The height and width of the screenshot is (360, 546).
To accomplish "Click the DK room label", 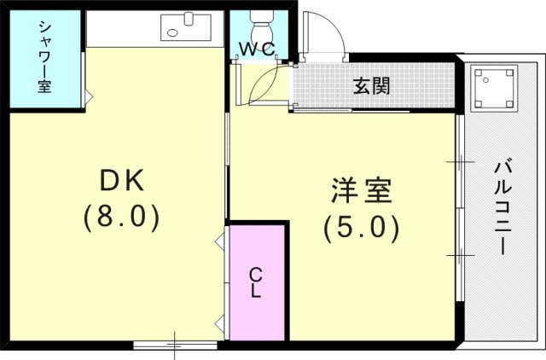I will coord(125,180).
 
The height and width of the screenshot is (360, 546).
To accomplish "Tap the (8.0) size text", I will coord(122,218).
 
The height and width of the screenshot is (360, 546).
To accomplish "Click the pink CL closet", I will coord(256,282).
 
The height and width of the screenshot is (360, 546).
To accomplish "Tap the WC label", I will coord(256,49).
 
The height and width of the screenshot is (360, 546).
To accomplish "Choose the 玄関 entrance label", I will coord(371,87).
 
